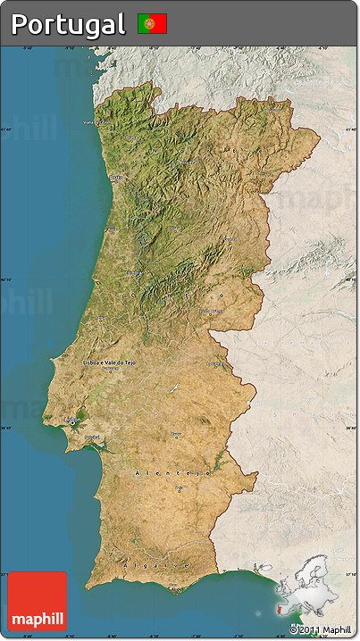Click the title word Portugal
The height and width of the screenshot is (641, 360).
pyautogui.click(x=69, y=24)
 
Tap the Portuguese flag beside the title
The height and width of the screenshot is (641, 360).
pyautogui.click(x=152, y=23)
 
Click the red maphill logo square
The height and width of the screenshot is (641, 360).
pyautogui.click(x=37, y=601)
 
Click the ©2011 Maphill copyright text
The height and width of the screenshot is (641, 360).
pyautogui.click(x=320, y=630)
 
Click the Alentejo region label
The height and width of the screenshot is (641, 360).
pyautogui.click(x=170, y=470)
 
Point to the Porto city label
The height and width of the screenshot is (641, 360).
pyautogui.click(x=115, y=178)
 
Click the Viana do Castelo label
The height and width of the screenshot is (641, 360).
pyautogui.click(x=98, y=122)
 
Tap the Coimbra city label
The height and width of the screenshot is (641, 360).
pyautogui.click(x=134, y=272)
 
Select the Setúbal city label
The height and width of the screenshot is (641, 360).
pyautogui.click(x=92, y=437)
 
